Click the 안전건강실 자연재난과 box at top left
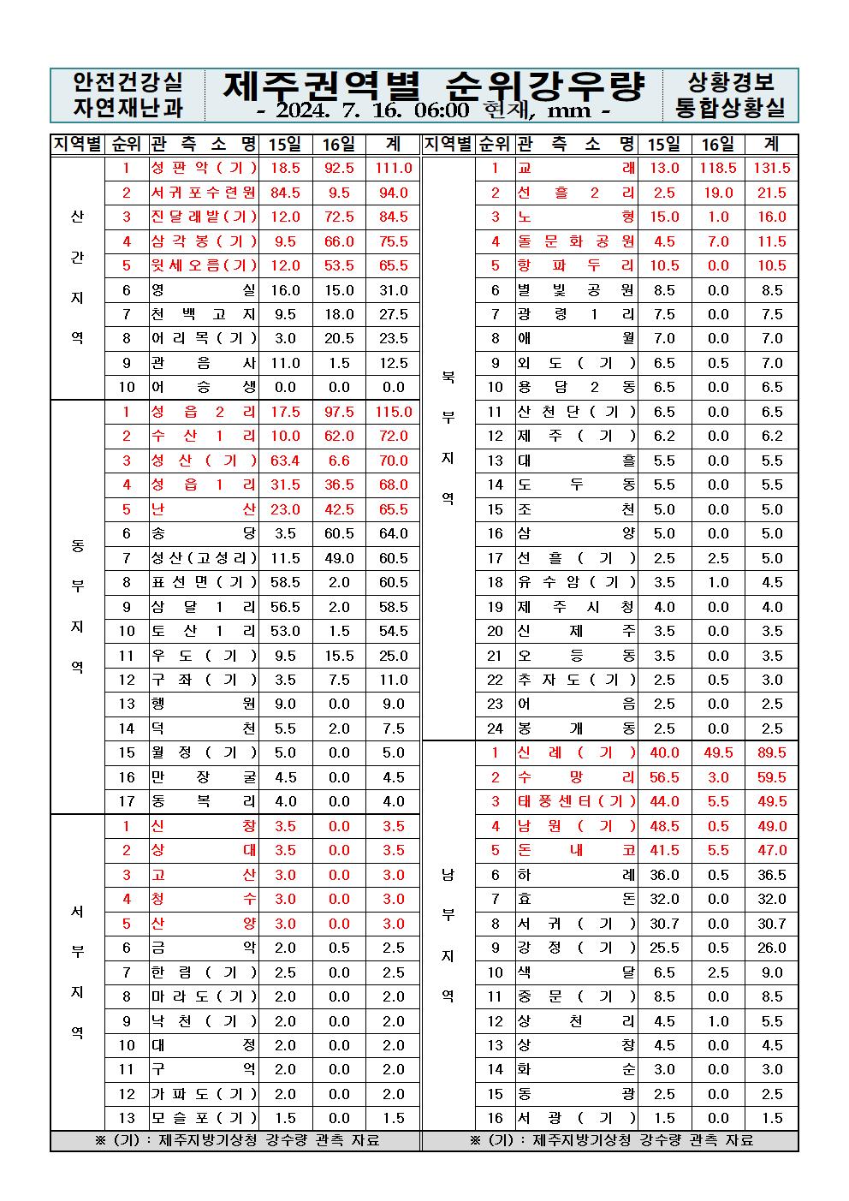coord(128,95)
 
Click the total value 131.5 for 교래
coord(772,169)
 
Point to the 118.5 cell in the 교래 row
coord(718,169)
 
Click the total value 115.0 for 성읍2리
coord(393,412)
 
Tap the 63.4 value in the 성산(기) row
coord(285,461)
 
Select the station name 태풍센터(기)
coord(577,801)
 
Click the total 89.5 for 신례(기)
coord(772,752)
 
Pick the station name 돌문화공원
coord(577,241)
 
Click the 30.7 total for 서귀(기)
coord(772,924)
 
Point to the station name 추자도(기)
coord(577,680)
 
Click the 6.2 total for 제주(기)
coord(772,436)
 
